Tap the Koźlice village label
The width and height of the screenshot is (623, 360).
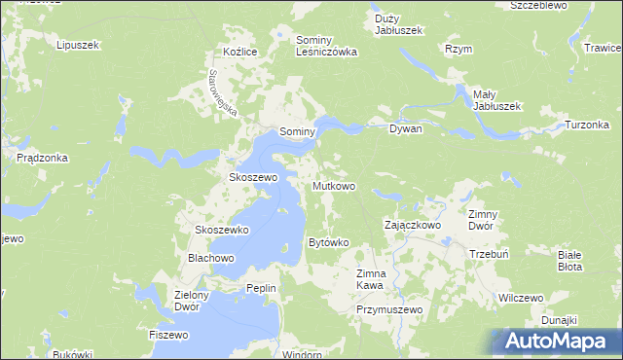click(238, 52)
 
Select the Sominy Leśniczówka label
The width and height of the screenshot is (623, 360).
click(326, 46)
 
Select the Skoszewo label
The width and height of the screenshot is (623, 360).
click(253, 178)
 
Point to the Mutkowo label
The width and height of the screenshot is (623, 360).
click(334, 185)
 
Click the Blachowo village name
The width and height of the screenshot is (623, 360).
click(211, 258)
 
